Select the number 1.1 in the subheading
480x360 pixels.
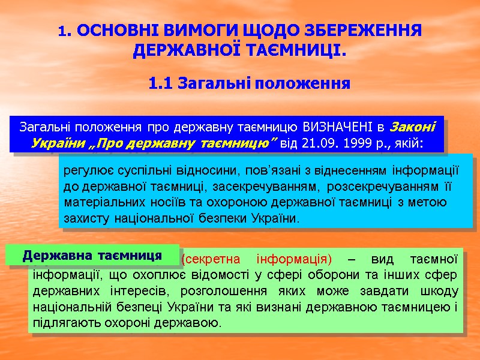point(161,83)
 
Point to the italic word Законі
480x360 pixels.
point(413,127)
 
